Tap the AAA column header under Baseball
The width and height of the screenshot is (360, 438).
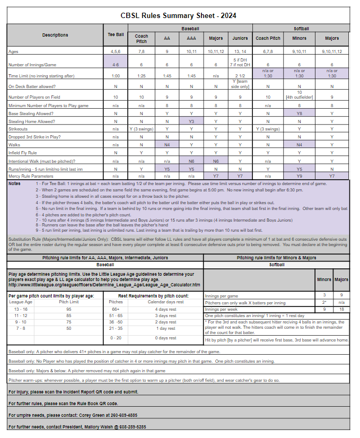pyautogui.click(x=191, y=38)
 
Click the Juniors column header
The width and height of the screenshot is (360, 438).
pyautogui.click(x=240, y=38)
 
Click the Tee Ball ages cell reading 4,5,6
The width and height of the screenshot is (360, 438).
pyautogui.click(x=116, y=51)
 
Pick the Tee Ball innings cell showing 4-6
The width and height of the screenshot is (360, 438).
pyautogui.click(x=116, y=65)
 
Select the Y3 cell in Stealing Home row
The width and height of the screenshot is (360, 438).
pyautogui.click(x=191, y=121)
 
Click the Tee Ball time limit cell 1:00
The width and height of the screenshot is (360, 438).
pyautogui.click(x=116, y=76)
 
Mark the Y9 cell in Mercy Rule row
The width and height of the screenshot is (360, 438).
pyautogui.click(x=300, y=175)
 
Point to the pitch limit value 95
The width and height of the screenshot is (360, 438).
pyautogui.click(x=68, y=309)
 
